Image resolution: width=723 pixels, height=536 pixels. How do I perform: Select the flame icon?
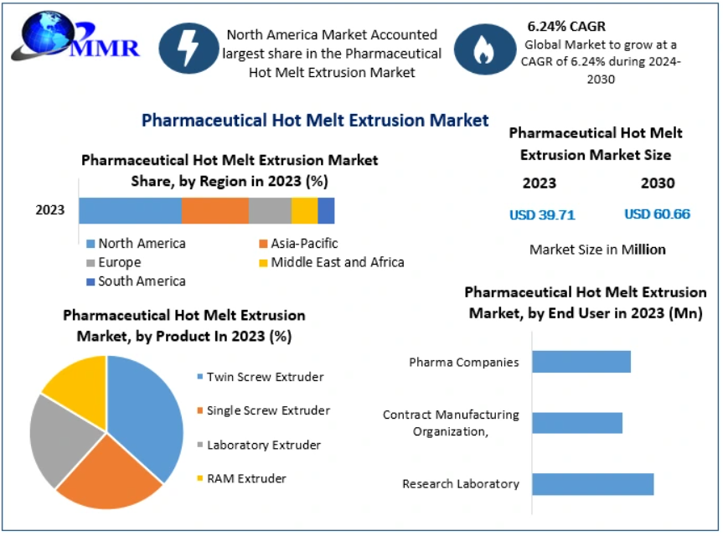(x=483, y=49)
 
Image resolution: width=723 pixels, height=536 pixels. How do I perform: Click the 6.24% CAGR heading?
(x=565, y=26)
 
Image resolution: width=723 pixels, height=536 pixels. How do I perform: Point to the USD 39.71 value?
(x=542, y=214)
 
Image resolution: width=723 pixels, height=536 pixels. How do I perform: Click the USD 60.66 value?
(x=657, y=214)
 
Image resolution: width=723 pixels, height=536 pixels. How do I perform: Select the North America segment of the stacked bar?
(x=130, y=210)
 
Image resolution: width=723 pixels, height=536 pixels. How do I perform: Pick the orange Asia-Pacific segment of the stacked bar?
(x=214, y=210)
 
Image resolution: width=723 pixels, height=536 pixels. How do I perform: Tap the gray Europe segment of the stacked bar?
(x=270, y=210)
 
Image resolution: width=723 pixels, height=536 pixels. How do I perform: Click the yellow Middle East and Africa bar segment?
(x=304, y=210)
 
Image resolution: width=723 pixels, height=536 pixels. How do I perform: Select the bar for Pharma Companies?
(x=581, y=362)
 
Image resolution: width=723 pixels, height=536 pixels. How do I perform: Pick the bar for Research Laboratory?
(x=592, y=484)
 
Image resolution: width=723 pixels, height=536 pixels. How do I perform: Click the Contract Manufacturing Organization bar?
(x=576, y=423)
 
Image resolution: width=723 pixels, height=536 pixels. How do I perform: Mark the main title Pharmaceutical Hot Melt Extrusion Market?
(x=315, y=120)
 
